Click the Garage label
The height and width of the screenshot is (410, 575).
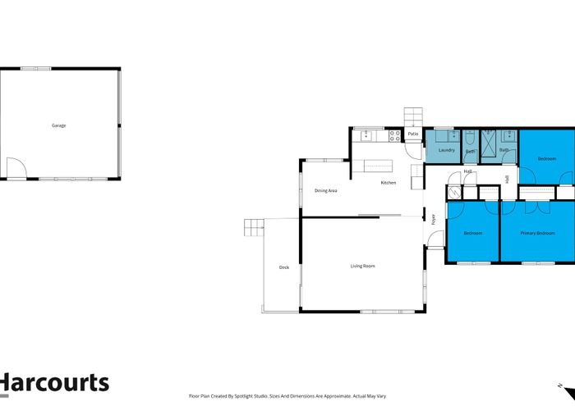pyautogui.click(x=58, y=125)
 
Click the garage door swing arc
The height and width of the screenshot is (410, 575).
pyautogui.click(x=16, y=168)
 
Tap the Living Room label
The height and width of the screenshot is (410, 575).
pyautogui.click(x=362, y=266)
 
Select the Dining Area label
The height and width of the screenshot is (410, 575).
pyautogui.click(x=326, y=190)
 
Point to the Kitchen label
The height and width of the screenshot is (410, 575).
pyautogui.click(x=389, y=182)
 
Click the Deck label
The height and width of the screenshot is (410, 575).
pyautogui.click(x=284, y=267)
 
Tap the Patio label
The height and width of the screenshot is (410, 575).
pyautogui.click(x=413, y=134)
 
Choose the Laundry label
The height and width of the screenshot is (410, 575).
pyautogui.click(x=447, y=150)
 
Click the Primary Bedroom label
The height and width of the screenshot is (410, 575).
pyautogui.click(x=537, y=233)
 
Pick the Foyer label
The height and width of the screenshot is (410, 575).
pyautogui.click(x=433, y=219)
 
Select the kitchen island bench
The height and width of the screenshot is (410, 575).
pyautogui.click(x=380, y=166)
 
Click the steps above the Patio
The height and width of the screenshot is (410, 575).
pyautogui.click(x=412, y=117)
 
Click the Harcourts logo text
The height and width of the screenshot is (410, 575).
pyautogui.click(x=54, y=383)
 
